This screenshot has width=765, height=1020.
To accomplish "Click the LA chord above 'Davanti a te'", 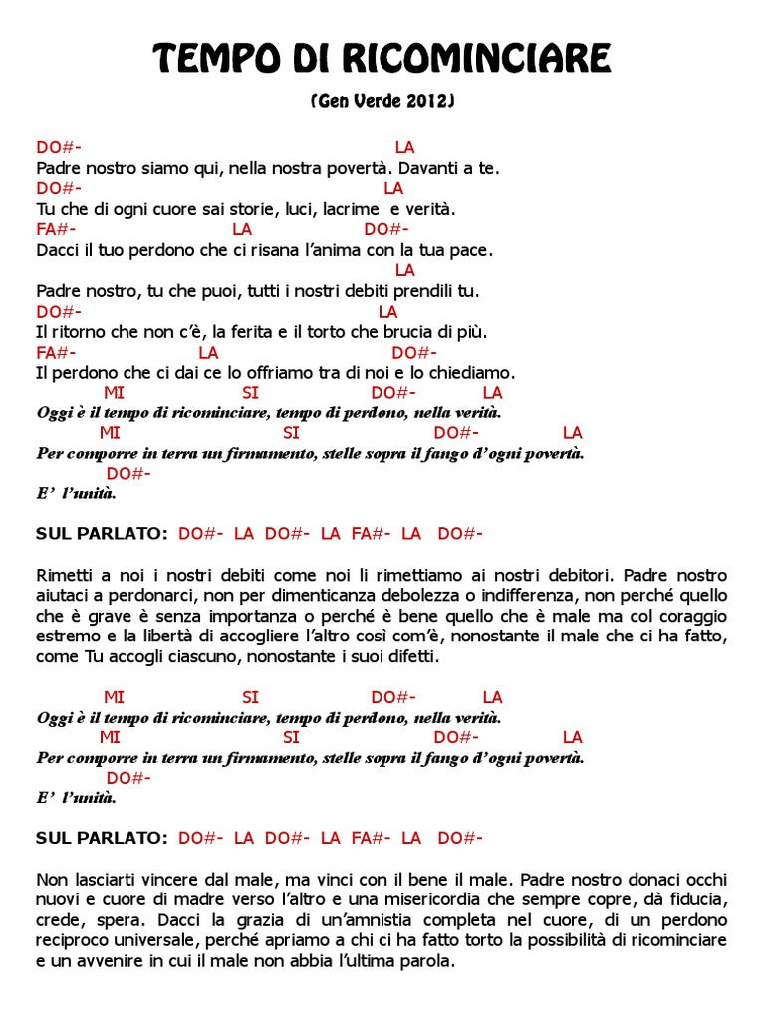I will pyautogui.click(x=404, y=148).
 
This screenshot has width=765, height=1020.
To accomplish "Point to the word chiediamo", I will pyautogui.click(x=475, y=373).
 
